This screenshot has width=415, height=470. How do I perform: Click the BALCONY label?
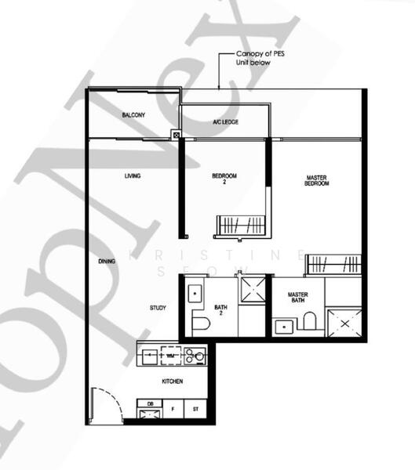tap(133, 115)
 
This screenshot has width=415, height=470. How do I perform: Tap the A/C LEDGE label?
tap(225, 123)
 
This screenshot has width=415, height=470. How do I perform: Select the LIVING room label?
tap(133, 176)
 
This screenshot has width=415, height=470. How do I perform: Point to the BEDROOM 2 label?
tap(225, 179)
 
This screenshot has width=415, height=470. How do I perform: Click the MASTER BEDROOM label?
tap(316, 181)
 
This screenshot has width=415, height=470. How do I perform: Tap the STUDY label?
tap(158, 308)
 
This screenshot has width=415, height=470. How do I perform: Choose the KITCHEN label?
tap(173, 381)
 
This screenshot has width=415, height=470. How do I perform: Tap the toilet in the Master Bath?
tap(309, 320)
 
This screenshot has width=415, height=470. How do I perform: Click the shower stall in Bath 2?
tap(252, 287)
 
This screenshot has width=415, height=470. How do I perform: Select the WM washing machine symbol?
tap(171, 356)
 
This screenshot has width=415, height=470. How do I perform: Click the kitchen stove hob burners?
tap(196, 356)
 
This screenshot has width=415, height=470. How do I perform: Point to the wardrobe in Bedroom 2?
tap(242, 226)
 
